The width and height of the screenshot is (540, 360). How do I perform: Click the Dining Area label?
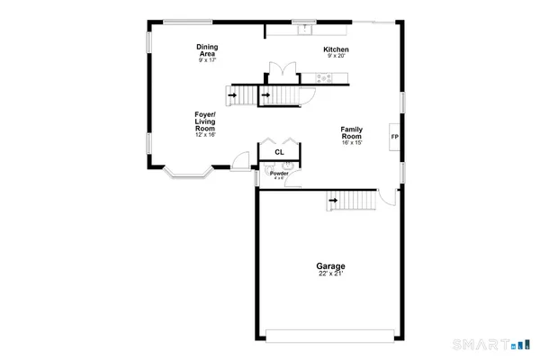[x=208, y=50]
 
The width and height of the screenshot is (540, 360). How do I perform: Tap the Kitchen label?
[x=337, y=49]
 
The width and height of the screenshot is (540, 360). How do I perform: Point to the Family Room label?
[x=352, y=131]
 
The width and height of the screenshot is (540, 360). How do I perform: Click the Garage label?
[x=330, y=266]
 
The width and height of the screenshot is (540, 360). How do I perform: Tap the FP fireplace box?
[x=394, y=138]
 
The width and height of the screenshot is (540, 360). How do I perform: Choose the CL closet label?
[x=280, y=153]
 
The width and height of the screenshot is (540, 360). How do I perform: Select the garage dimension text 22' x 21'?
[x=330, y=274]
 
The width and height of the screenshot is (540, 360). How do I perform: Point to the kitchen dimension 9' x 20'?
[x=337, y=56]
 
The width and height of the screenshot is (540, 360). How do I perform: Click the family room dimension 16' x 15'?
[x=352, y=142]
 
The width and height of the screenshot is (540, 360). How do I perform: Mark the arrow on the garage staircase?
[x=334, y=200]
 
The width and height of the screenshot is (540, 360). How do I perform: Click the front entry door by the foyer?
[x=239, y=161]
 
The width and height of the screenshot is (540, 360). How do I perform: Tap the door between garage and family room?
[x=386, y=195]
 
